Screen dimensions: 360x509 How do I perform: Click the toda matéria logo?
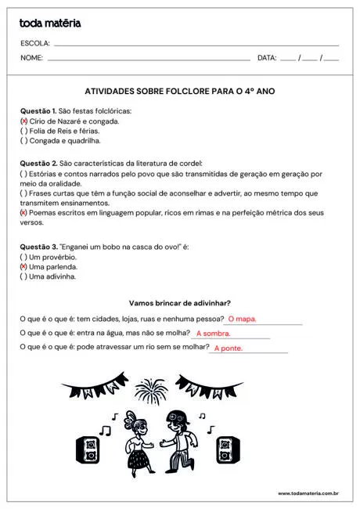click(50, 23)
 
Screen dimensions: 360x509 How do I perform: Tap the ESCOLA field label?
click(35, 43)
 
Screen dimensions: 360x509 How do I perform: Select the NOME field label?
click(32, 58)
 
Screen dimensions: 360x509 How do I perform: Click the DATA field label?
click(267, 58)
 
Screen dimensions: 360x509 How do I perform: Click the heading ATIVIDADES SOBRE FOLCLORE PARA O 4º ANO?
click(179, 92)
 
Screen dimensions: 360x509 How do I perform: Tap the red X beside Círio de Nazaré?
click(23, 121)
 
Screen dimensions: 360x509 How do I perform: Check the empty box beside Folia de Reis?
click(23, 132)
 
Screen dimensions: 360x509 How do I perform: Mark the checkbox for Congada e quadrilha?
click(23, 142)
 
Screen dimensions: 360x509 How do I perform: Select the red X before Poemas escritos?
click(23, 213)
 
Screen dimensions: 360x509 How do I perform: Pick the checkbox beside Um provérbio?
click(23, 257)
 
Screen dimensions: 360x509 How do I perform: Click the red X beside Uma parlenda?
click(23, 267)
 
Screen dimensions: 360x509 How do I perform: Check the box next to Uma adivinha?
click(23, 276)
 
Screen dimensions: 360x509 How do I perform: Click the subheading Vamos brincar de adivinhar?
click(179, 303)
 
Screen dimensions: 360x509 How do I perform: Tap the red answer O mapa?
click(242, 319)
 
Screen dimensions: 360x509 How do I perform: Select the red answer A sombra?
click(213, 334)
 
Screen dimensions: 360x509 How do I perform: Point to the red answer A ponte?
click(229, 348)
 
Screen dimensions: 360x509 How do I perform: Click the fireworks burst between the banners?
click(150, 389)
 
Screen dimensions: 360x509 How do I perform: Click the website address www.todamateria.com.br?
click(308, 493)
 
